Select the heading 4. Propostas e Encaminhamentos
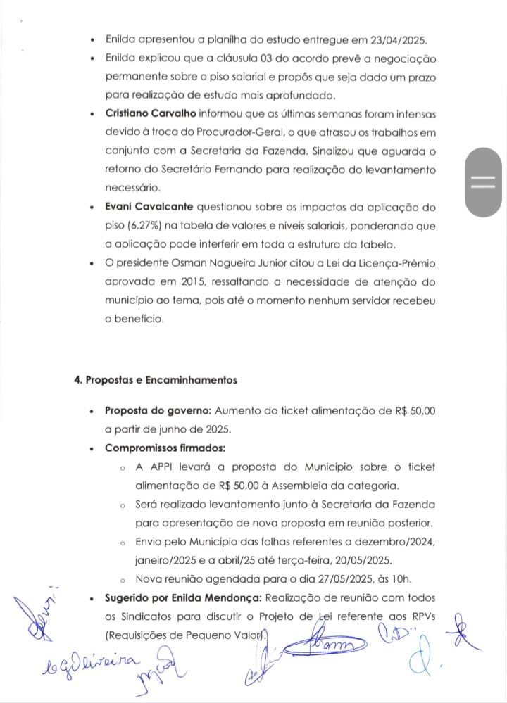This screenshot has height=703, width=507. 156,380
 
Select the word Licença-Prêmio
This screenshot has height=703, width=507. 396,264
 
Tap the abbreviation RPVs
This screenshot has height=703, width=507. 420,617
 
